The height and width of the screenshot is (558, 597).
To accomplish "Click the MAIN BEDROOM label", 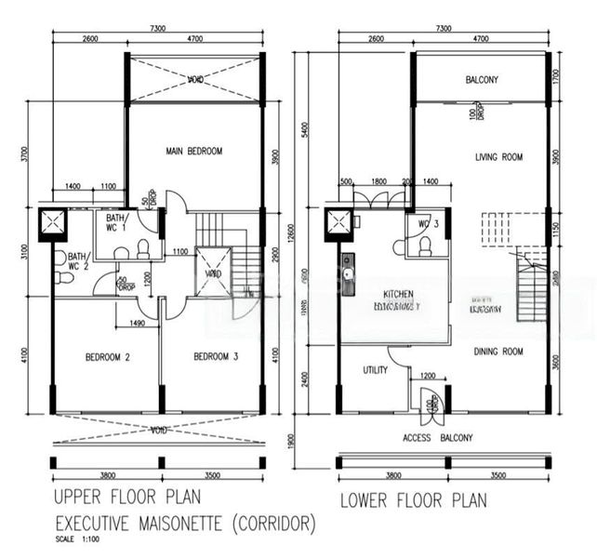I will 194,151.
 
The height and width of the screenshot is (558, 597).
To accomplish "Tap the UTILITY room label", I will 375,369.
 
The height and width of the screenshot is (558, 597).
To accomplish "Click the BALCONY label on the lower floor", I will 482,80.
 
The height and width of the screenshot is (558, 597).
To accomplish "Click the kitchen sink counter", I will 348,274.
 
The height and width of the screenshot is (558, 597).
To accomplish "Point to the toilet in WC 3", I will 425,246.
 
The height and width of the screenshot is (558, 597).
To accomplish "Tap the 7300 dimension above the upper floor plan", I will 157,29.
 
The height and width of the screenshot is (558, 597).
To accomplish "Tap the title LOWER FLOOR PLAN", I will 413,500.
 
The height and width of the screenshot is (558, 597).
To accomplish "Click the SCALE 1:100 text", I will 77,540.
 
